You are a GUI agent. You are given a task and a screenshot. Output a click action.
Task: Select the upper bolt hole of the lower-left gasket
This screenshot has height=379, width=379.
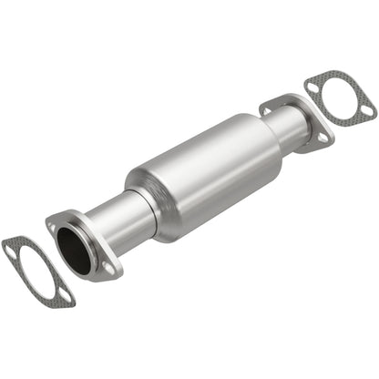pyautogui.click(x=13, y=245)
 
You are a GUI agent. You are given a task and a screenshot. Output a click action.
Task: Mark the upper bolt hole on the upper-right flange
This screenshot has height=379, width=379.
pyautogui.click(x=270, y=108)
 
